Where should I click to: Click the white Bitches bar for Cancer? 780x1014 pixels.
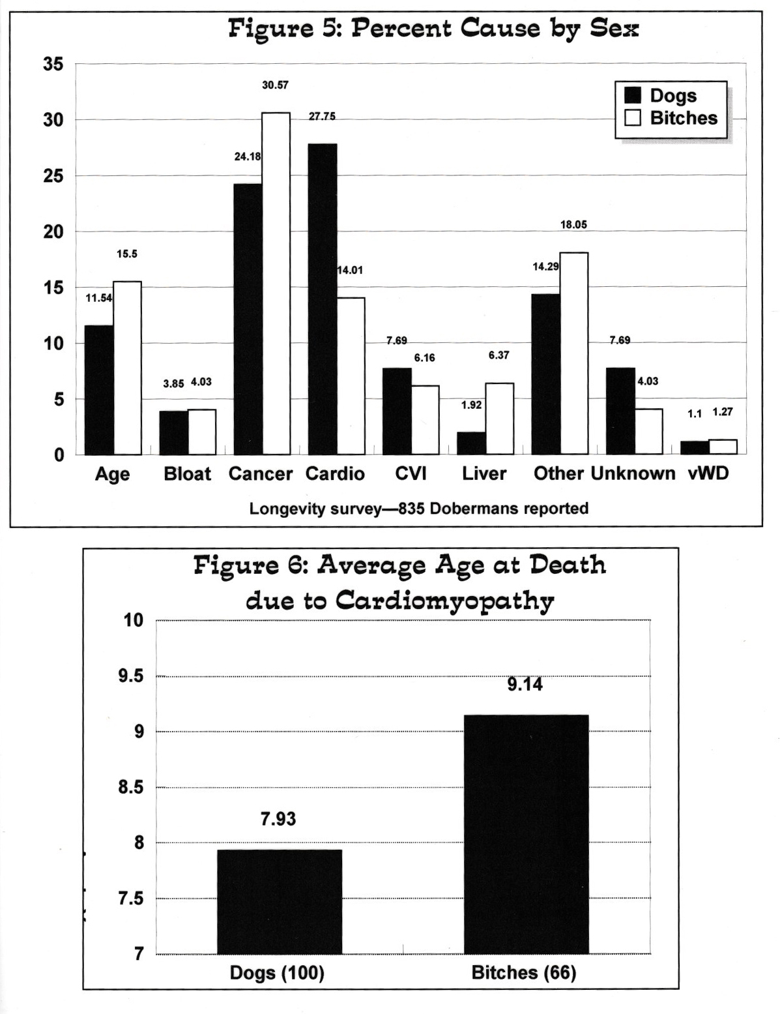pos(276,284)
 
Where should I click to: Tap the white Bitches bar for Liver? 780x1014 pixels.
pos(499,419)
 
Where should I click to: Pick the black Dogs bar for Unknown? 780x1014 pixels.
pos(620,411)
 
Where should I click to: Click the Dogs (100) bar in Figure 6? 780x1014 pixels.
pos(279,901)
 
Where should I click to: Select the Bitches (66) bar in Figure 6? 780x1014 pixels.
pos(526,834)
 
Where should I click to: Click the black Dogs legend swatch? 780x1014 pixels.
pos(633,96)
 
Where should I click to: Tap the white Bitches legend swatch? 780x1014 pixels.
pos(633,118)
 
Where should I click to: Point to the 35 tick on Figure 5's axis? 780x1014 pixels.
pos(54,65)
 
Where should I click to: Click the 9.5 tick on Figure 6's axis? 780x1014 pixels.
pos(130,676)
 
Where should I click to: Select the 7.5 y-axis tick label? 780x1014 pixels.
pos(130,899)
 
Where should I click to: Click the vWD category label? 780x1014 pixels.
pos(708,473)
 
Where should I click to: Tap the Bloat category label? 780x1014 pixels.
pos(188,473)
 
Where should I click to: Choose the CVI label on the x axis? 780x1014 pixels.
pos(411,473)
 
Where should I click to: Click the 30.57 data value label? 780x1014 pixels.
pos(275,85)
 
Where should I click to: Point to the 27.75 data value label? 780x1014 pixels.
pos(322,117)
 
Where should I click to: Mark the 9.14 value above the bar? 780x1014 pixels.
pos(525,685)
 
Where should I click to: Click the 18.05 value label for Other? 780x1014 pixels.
pos(573,225)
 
